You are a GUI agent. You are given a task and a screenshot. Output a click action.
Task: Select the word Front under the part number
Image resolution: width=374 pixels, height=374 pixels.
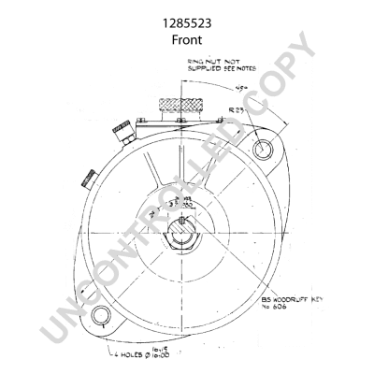coord(187,41)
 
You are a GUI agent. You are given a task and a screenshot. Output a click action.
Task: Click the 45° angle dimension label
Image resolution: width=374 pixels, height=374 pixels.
coord(245,92)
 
